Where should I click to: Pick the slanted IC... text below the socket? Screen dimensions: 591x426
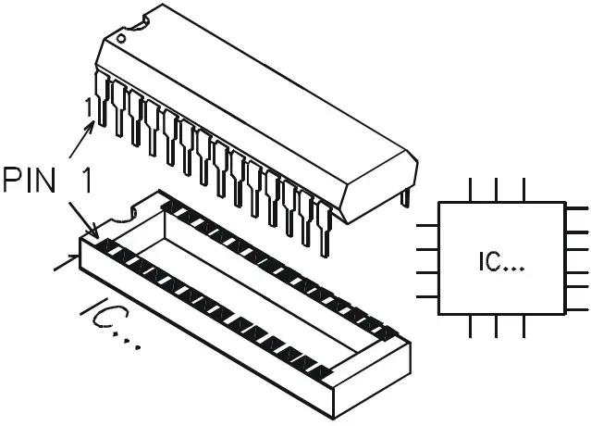click(x=112, y=324)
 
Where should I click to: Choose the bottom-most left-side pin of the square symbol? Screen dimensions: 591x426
click(x=427, y=296)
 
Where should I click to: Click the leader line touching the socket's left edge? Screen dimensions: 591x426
click(x=65, y=265)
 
